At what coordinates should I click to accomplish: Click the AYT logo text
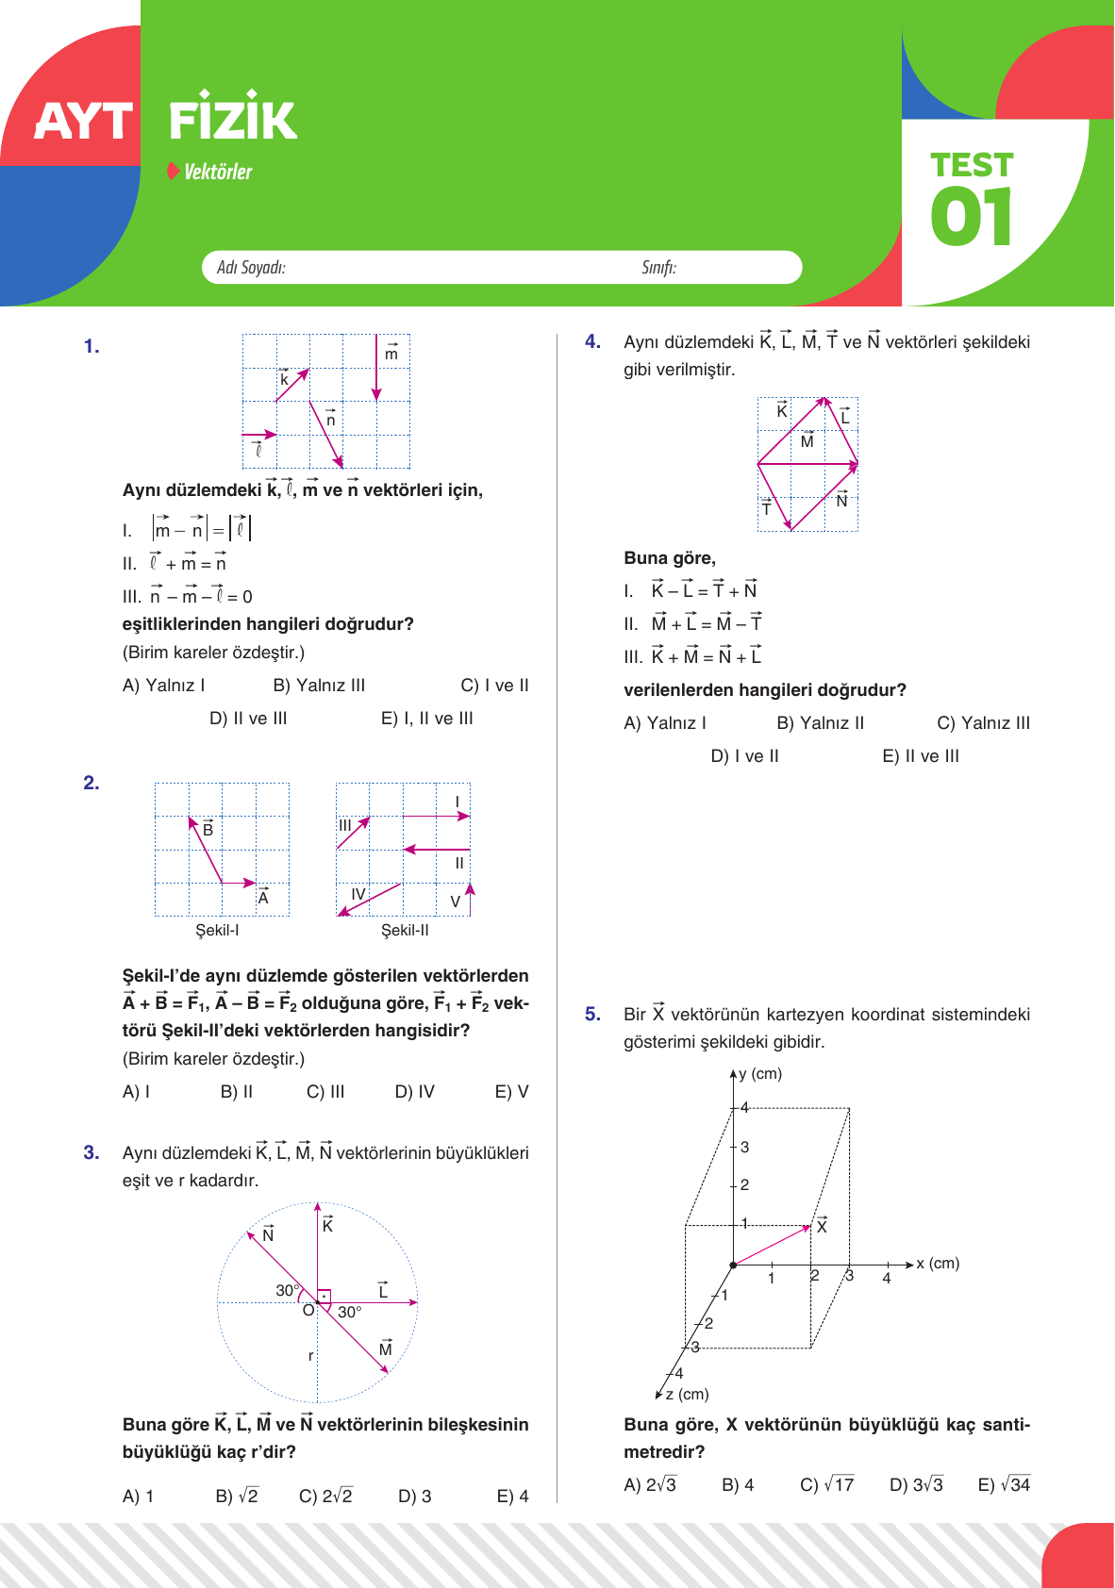pos(83,123)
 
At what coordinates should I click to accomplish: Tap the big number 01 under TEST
pos(972,217)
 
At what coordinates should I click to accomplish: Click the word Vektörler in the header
pos(218,172)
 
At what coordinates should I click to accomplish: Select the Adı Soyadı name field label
pos(251,268)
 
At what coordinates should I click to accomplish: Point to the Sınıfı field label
pos(658,268)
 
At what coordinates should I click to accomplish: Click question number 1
pos(92,347)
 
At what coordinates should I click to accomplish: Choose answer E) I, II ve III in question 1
pos(426,719)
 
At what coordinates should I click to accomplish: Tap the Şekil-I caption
pos(217,931)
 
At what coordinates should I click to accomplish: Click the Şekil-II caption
pos(405,931)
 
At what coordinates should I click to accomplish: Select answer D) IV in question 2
pos(415,1092)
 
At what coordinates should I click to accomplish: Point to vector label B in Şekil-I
pos(208,830)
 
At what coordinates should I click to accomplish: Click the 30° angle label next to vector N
pos(288,1290)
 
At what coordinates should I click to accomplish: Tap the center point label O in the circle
pos(308,1311)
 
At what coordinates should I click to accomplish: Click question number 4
pos(592,341)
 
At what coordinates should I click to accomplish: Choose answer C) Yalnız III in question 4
pos(983,723)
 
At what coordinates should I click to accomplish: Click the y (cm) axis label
pos(760,1074)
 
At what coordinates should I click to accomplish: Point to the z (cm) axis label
pos(687,1394)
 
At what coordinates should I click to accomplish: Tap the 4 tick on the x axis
pos(887,1279)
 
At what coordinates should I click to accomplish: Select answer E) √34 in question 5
pos(1004,1485)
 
